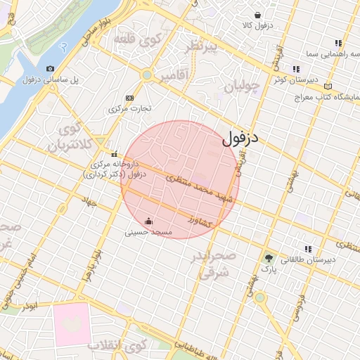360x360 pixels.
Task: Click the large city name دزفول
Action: point(240,139)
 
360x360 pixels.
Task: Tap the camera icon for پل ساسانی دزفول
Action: point(50,68)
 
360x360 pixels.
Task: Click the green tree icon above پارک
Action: point(268,258)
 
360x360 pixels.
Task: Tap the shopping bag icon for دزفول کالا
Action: point(258,15)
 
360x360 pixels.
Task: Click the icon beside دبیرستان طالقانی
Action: point(307,249)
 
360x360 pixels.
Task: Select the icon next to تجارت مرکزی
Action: point(129,98)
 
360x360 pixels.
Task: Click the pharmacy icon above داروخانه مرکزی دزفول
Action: point(114,154)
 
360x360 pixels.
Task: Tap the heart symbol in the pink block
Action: point(71,323)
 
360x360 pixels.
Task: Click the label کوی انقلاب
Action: point(117,345)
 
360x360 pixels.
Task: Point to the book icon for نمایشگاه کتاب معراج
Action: point(328,86)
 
